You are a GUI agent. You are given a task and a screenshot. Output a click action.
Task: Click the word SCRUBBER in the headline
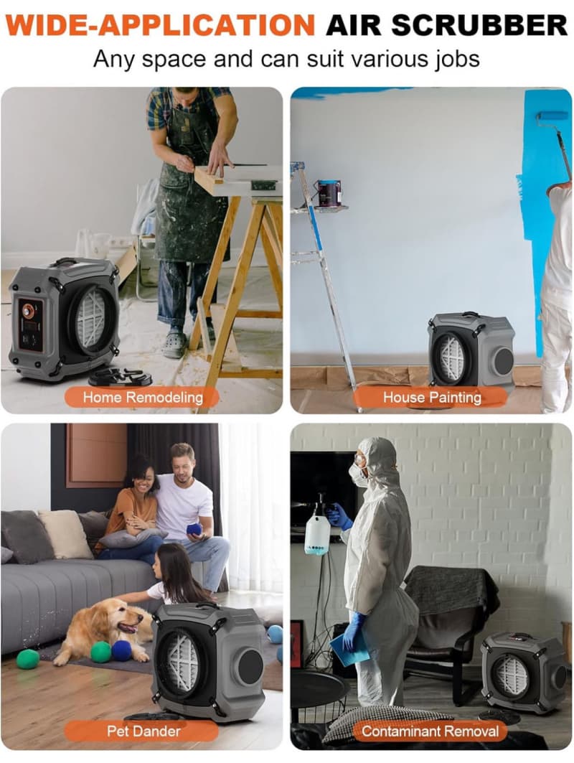(479, 25)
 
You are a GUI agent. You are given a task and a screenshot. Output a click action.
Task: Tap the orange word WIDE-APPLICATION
(161, 25)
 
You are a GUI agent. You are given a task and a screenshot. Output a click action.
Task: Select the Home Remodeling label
(143, 397)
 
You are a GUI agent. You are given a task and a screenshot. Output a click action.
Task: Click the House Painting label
(432, 397)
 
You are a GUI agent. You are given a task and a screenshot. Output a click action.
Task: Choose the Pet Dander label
(143, 731)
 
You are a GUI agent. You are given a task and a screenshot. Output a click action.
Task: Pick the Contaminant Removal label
(430, 731)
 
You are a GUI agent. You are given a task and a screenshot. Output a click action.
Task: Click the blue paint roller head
(552, 117)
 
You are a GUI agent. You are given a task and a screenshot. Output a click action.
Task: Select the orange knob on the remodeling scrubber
(29, 311)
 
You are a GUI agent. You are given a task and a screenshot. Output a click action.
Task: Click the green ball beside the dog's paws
(100, 652)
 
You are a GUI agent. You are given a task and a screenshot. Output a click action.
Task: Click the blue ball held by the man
(197, 530)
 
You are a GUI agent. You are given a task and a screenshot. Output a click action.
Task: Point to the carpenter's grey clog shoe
(174, 344)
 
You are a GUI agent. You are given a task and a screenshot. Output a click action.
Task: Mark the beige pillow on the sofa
(65, 534)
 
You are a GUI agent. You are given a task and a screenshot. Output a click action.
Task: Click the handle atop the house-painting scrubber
(469, 314)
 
